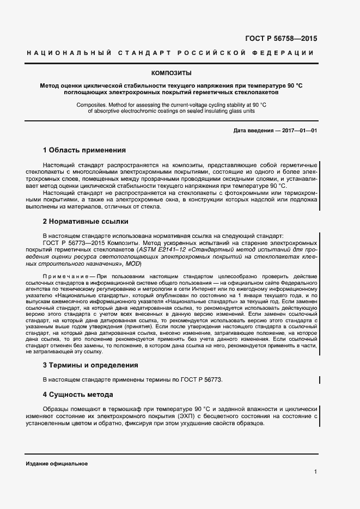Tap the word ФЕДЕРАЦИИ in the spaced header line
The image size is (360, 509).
[283, 53]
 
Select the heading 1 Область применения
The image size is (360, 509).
[84, 150]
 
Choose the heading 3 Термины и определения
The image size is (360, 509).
[90, 365]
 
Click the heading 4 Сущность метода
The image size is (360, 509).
[78, 394]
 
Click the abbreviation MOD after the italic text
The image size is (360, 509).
[133, 264]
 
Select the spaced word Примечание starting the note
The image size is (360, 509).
[64, 277]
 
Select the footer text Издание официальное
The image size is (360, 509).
[57, 463]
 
